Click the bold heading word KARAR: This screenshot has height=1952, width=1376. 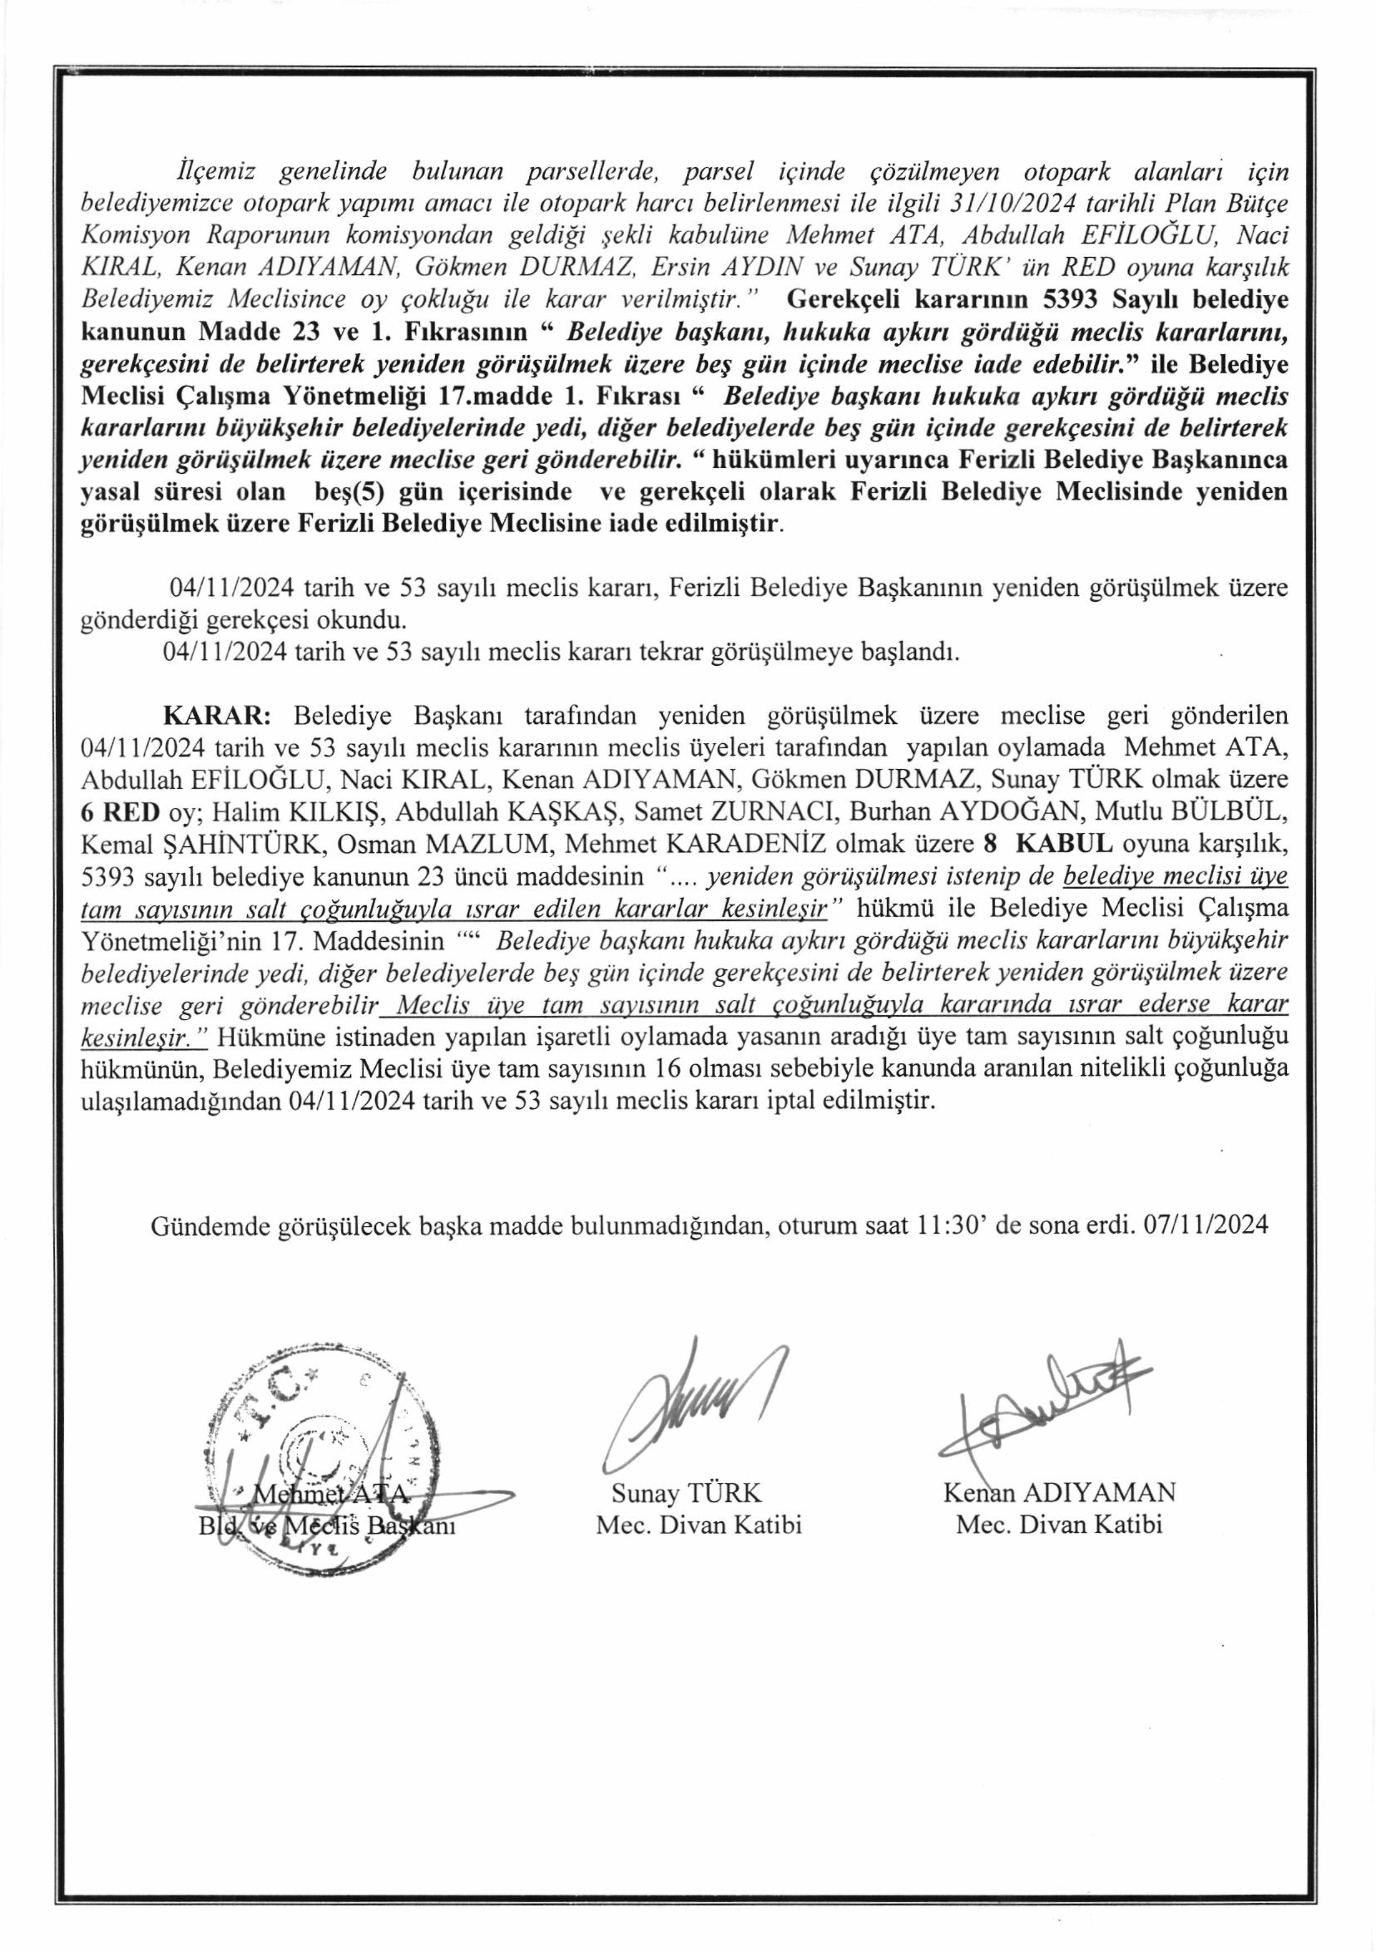217,715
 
